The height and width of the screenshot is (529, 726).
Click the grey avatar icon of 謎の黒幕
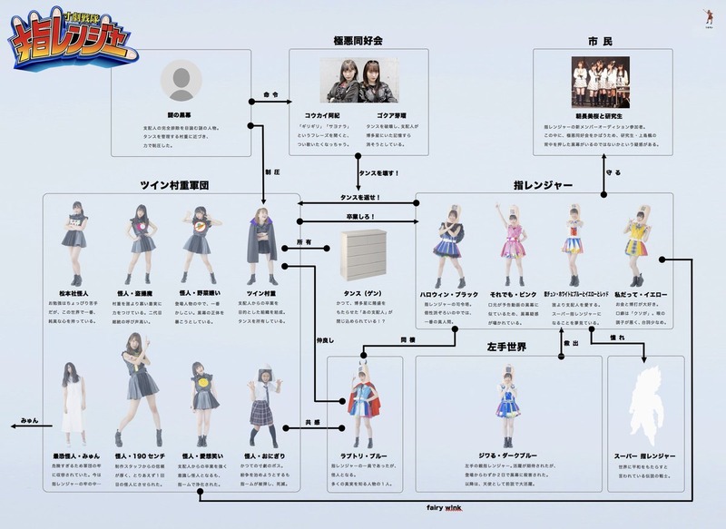(181, 83)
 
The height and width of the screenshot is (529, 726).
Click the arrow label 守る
(613, 171)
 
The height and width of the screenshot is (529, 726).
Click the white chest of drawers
(360, 252)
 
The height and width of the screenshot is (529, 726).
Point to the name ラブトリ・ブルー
(363, 454)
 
